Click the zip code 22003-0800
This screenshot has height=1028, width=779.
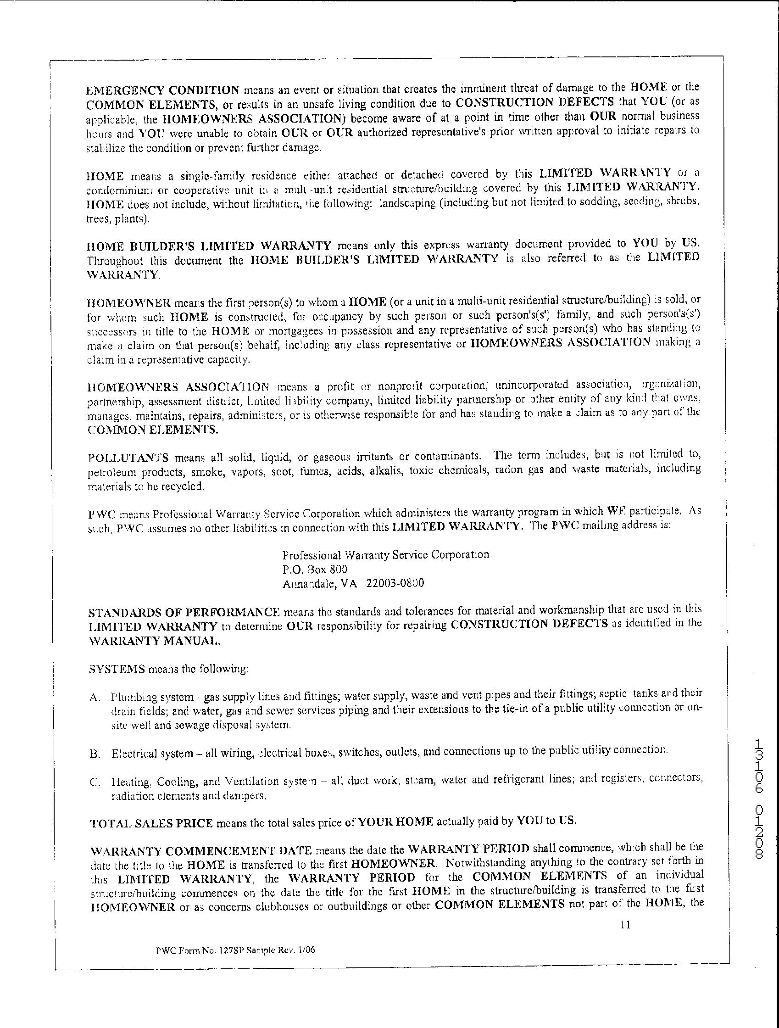395,583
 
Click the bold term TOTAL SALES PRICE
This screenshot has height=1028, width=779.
151,823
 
